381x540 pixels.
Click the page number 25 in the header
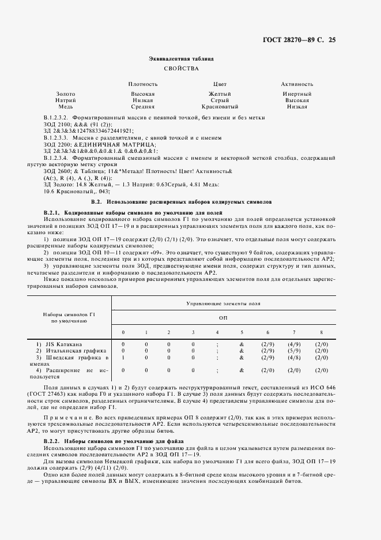(x=331, y=40)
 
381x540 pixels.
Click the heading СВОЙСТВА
(x=181, y=68)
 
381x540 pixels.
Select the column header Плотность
(x=142, y=84)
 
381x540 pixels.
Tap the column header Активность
(x=297, y=84)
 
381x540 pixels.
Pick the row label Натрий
(x=65, y=100)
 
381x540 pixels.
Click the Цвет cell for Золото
(x=220, y=93)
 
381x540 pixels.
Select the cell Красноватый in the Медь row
(x=220, y=107)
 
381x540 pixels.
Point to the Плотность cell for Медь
(x=142, y=107)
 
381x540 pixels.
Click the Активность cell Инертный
(x=297, y=93)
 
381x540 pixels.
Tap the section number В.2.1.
(x=53, y=212)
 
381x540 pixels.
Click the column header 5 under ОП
(x=242, y=332)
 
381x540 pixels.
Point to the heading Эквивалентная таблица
(x=181, y=58)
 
